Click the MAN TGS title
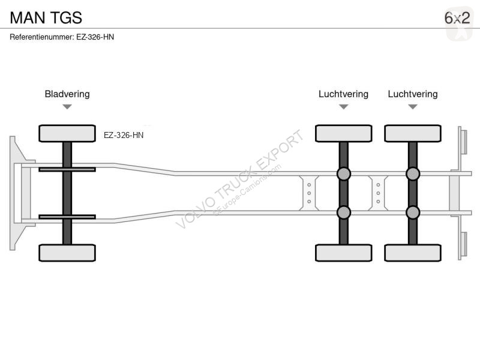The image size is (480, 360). tap(46, 18)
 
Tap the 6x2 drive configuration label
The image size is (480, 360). tap(457, 18)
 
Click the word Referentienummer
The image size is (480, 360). tap(42, 37)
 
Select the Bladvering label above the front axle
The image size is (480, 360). tap(67, 94)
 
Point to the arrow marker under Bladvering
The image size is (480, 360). tap(67, 107)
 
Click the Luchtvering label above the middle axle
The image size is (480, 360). tap(343, 94)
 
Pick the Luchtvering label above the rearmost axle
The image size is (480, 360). tap(413, 94)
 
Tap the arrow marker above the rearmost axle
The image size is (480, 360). tap(413, 107)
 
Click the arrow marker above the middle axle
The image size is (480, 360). tap(343, 107)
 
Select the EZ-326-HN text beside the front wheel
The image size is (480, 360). tap(124, 136)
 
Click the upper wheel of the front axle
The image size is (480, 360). tap(67, 133)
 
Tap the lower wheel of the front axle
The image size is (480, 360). tap(67, 253)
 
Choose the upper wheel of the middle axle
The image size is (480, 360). tap(343, 133)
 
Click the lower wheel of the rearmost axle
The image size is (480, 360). tap(413, 253)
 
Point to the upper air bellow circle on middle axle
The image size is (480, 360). tap(343, 174)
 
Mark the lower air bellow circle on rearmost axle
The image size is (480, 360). tap(413, 212)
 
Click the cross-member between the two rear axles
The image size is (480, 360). tap(378, 193)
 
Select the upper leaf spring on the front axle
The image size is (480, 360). tap(67, 169)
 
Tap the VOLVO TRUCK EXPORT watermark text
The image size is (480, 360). tap(239, 179)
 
